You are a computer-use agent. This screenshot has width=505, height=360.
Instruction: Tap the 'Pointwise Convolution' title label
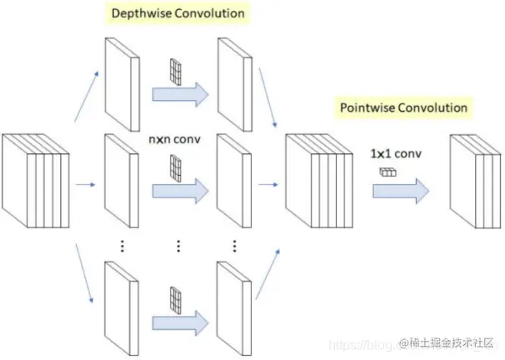pyautogui.click(x=404, y=107)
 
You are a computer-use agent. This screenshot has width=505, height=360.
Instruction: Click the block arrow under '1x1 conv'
pyautogui.click(x=400, y=191)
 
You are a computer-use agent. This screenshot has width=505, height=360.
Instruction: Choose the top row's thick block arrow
pyautogui.click(x=179, y=93)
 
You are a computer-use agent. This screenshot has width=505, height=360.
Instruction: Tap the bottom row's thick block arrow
pyautogui.click(x=179, y=320)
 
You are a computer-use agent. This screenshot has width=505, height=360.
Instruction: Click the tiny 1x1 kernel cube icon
pyautogui.click(x=386, y=172)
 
